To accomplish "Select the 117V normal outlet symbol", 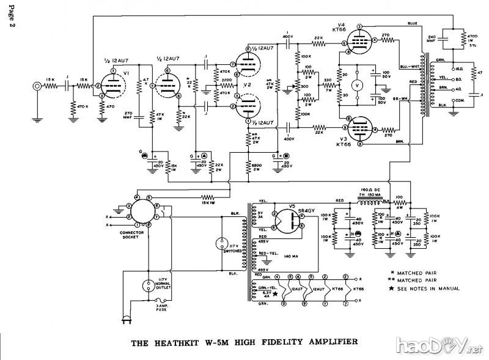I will pyautogui.click(x=149, y=285).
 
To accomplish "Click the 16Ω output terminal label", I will pyautogui.click(x=458, y=70).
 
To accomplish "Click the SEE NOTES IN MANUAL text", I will pyautogui.click(x=430, y=288).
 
